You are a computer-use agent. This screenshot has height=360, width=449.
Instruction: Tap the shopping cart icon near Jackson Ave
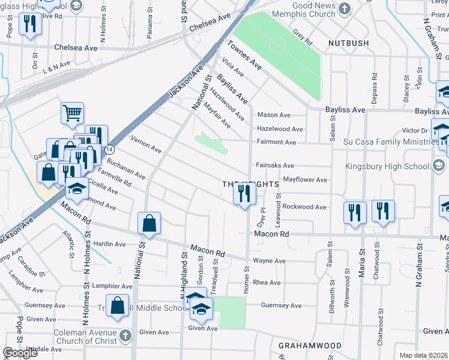click(72, 112)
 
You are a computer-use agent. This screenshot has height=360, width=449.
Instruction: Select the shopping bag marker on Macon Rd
click(149, 223)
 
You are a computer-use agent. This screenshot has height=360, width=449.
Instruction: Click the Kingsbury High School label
click(386, 166)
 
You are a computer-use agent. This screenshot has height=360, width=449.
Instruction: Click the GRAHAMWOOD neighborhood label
click(310, 346)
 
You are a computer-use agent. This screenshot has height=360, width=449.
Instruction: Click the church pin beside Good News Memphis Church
click(344, 8)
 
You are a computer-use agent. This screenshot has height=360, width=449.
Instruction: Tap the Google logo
click(20, 353)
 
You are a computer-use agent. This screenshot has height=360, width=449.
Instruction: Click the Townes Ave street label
click(244, 55)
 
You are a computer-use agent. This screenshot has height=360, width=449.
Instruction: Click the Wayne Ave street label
click(269, 261)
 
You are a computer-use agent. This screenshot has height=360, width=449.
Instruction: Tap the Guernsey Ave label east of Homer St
click(281, 305)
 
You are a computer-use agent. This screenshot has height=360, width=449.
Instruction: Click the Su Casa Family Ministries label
click(387, 142)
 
